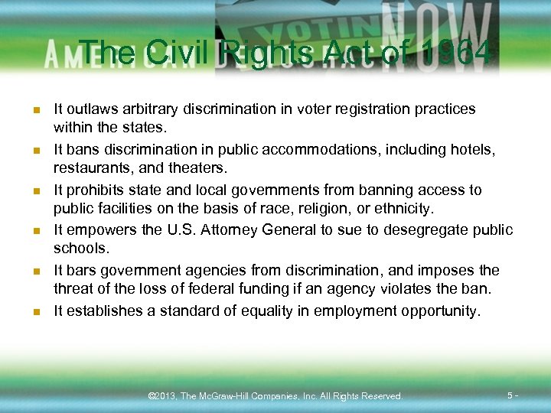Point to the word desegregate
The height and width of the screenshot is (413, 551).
coord(423,230)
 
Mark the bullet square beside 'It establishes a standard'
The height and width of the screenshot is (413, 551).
coord(35,312)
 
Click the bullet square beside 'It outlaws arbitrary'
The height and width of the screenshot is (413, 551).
coord(35,110)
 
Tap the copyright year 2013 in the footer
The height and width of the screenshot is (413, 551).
coord(166,396)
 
